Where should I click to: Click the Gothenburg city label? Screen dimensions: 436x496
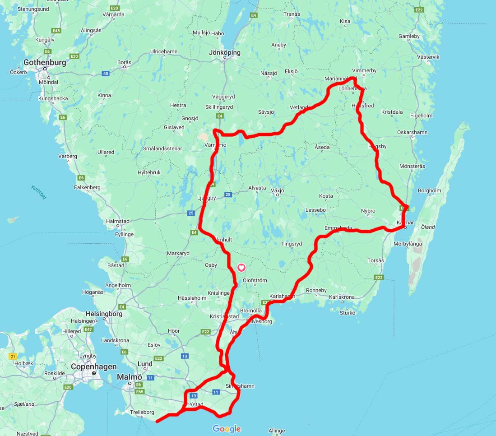click(x=45, y=63)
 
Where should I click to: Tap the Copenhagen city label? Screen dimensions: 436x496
click(x=93, y=367)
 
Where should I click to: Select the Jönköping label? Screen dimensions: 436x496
click(x=225, y=52)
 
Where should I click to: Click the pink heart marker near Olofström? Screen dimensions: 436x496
click(x=241, y=268)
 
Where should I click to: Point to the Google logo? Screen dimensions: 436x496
click(x=227, y=429)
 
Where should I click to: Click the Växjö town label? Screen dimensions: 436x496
click(x=278, y=190)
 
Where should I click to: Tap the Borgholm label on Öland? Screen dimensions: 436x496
click(x=430, y=190)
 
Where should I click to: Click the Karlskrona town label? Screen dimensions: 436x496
click(x=342, y=297)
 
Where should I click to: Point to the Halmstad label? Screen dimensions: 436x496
click(x=117, y=221)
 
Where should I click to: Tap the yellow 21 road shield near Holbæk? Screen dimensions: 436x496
click(x=13, y=356)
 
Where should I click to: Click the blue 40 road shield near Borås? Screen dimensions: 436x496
click(x=106, y=73)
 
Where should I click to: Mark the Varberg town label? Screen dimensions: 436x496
click(x=68, y=156)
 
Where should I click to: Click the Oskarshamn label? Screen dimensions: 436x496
click(x=412, y=132)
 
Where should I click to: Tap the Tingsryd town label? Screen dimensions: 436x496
click(x=292, y=244)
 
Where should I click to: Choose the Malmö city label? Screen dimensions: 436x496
click(x=130, y=377)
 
